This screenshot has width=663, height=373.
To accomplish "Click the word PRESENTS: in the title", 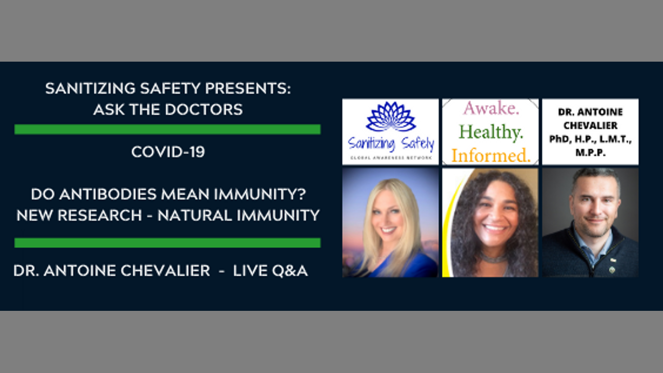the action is click(x=248, y=88).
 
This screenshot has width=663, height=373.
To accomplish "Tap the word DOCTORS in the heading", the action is click(x=204, y=109).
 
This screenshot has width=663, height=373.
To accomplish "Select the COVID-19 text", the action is click(x=168, y=152).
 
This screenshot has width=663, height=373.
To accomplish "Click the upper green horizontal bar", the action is click(x=167, y=130).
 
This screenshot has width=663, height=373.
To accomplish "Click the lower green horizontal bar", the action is click(x=167, y=243).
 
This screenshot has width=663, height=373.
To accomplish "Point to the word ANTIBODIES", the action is click(x=108, y=194).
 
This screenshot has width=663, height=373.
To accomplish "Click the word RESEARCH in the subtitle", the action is click(x=100, y=215).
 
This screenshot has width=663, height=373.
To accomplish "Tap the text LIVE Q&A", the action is click(x=270, y=270).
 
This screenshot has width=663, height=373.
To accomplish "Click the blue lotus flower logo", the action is click(x=391, y=117).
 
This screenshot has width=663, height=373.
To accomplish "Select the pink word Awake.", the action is click(x=491, y=108).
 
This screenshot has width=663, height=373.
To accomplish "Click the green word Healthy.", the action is click(x=491, y=132).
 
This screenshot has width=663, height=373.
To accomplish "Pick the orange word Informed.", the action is click(x=491, y=155).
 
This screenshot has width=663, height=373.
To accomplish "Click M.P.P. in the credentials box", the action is click(x=590, y=152).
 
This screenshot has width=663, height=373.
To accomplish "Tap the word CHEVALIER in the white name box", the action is click(x=590, y=125).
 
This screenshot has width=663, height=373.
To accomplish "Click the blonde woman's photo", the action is click(x=391, y=223).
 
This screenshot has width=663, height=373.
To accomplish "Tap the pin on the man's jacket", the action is click(x=612, y=269).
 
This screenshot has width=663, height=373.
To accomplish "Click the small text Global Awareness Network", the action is click(x=391, y=158).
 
